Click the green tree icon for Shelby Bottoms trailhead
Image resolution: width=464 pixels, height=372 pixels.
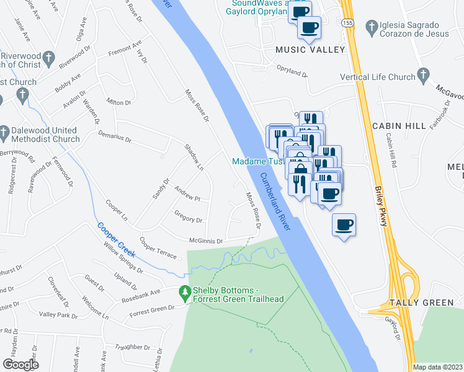[184, 291]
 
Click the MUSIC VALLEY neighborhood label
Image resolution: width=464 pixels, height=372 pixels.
[310, 49]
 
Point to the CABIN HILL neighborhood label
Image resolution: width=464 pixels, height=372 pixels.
[399, 125]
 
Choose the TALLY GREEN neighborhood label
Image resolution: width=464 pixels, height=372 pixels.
[422, 303]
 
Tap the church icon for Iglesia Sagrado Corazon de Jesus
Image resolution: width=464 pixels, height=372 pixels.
[372, 26]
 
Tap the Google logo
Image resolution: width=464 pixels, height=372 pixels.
[20, 365]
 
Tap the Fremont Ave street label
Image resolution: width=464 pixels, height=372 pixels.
[125, 49]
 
